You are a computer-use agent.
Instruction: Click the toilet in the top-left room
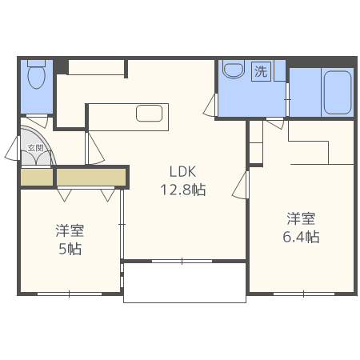coord(37,74)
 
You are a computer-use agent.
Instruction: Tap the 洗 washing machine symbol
coord(261,71)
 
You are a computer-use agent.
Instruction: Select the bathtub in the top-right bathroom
coord(338,92)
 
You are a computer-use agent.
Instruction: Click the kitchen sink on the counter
coord(150,114)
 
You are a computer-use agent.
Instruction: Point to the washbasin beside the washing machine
coord(234,70)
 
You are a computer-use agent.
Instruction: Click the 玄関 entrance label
coord(35,148)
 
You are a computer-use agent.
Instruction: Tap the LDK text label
coord(182,171)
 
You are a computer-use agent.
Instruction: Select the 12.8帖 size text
coord(183,190)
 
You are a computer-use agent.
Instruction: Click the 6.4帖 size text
coord(301,237)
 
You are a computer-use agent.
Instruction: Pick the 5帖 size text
coord(70,249)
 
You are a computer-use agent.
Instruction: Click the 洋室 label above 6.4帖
coord(301,218)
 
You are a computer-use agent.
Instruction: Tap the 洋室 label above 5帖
coord(70,230)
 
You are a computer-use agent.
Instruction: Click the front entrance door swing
coord(13,148)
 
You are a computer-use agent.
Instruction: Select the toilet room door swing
coord(37,121)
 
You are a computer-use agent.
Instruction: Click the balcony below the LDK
coord(185,282)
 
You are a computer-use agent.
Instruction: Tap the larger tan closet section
coord(91,177)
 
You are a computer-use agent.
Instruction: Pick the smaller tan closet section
coord(37,177)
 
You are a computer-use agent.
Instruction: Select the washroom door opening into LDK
coord(210,105)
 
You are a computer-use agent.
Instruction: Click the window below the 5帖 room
coord(70,294)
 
